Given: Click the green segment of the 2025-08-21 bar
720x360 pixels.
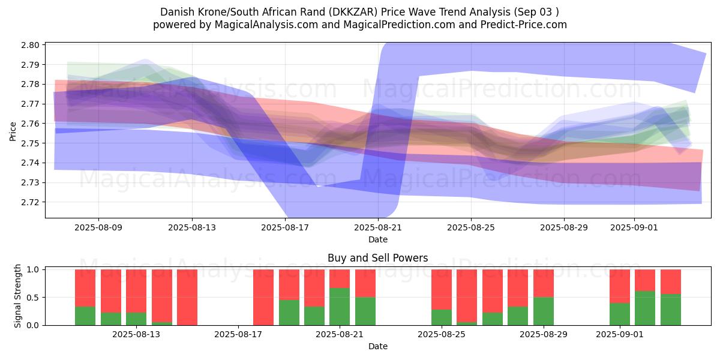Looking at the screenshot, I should point(340,307).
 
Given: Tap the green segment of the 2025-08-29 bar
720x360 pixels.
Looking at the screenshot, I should point(544,311).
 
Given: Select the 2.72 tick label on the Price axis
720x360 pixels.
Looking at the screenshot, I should point(31,202).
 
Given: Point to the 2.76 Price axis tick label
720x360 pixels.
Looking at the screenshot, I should point(31,124).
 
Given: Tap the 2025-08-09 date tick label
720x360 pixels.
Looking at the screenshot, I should point(99,227).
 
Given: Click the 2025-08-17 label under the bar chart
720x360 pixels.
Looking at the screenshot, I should point(238,334).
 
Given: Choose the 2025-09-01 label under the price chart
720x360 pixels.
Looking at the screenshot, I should point(634,227).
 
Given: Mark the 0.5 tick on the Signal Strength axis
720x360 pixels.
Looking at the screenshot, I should point(34,298).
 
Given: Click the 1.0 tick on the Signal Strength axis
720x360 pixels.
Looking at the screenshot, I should point(34,269).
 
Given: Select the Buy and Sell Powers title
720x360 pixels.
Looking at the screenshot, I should point(377,259).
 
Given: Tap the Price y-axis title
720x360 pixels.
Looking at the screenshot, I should point(13,130).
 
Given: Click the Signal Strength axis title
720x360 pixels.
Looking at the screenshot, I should point(18,296).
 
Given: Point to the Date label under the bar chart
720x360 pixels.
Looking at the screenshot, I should point(377,346).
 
